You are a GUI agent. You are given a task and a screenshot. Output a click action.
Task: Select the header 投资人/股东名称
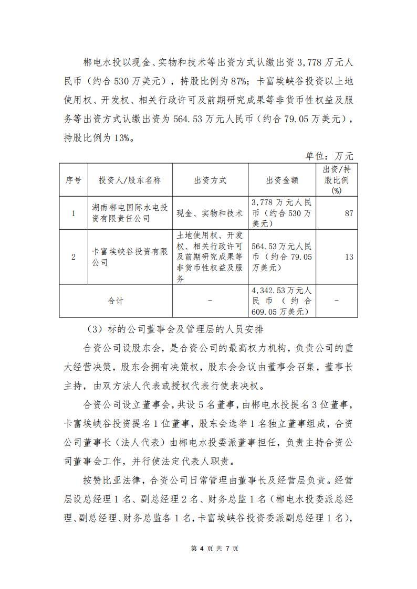[130, 180]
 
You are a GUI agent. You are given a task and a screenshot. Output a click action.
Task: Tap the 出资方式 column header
[210, 180]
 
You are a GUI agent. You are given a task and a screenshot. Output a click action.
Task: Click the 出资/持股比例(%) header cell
[336, 180]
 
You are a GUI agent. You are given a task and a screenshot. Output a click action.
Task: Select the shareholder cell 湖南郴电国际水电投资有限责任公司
[130, 213]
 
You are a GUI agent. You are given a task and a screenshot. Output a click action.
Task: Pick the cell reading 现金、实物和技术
[210, 213]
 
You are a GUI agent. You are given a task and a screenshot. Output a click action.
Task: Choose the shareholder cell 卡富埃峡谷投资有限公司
[130, 256]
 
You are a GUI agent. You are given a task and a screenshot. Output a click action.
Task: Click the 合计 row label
[116, 301]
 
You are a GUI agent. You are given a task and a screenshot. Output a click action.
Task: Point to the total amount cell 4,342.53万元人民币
[282, 301]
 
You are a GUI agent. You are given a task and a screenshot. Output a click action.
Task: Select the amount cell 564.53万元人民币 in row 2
[282, 256]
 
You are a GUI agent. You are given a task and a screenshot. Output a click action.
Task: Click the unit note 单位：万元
[329, 156]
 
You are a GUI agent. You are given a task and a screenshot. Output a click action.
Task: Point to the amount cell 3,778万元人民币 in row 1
[282, 213]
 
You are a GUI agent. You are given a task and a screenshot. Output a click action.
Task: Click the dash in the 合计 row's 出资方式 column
[210, 301]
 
